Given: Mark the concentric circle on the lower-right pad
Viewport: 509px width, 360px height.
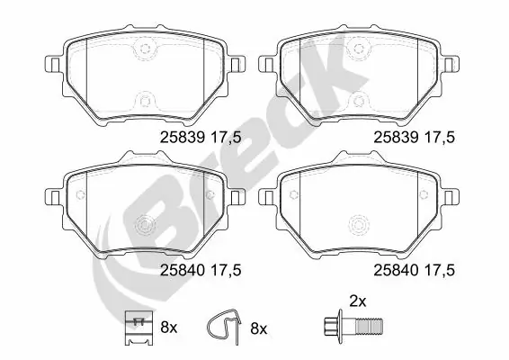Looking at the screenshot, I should click(x=360, y=224).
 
